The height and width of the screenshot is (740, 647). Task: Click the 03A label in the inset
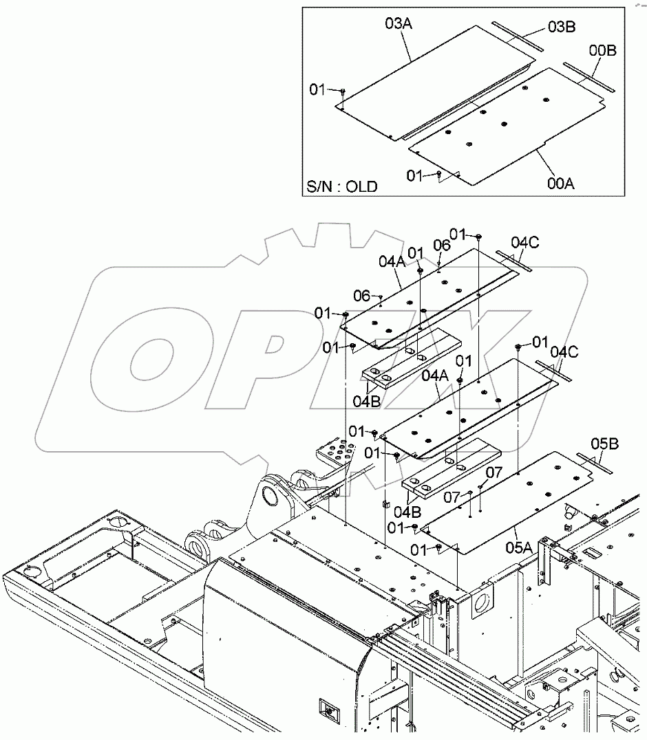click(x=399, y=24)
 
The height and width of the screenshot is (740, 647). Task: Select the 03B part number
click(x=562, y=27)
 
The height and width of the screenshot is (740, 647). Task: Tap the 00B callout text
click(x=602, y=51)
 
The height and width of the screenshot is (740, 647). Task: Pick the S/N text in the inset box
click(x=321, y=186)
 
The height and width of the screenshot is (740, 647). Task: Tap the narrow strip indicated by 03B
click(x=517, y=39)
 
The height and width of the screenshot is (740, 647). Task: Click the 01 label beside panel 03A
click(x=317, y=89)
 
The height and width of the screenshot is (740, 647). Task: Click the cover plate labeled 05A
click(x=509, y=502)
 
